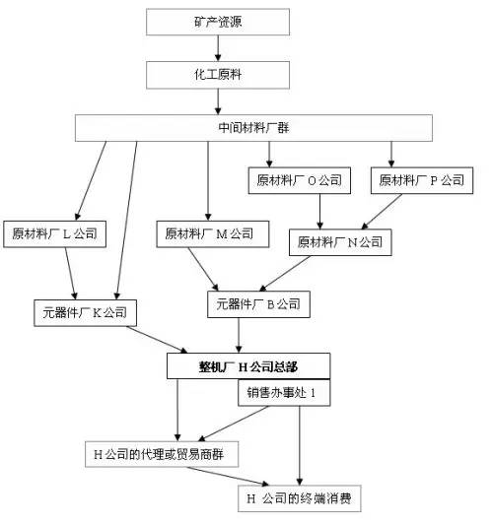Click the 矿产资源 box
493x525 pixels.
218,22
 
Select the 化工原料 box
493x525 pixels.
218,73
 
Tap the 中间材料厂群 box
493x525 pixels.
254,128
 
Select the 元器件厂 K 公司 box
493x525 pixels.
84,313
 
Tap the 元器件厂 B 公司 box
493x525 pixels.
259,304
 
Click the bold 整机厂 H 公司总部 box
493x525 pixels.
247,365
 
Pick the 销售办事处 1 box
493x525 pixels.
282,393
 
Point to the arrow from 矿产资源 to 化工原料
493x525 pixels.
218,47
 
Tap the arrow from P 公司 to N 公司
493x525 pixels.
387,211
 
